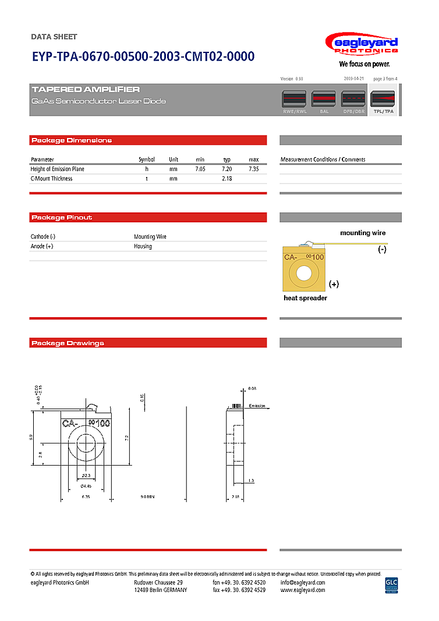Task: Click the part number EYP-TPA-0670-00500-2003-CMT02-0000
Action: pos(143,56)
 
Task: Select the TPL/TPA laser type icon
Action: pos(383,100)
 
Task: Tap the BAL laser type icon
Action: pos(324,100)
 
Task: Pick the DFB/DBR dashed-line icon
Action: pos(353,100)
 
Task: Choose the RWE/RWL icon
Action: pos(295,100)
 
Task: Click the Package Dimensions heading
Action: pos(72,140)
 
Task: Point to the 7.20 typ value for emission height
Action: pos(227,169)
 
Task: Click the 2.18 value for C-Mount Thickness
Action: pos(227,179)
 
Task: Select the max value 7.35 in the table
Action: pos(253,169)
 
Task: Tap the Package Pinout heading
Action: pos(62,218)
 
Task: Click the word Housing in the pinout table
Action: pos(143,246)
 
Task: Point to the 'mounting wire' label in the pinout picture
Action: pos(363,233)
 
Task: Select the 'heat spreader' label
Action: pos(305,298)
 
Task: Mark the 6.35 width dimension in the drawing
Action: pos(86,496)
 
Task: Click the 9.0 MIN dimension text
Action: pos(147,496)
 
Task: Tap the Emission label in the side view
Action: pos(257,406)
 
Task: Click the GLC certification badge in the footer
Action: pos(391,584)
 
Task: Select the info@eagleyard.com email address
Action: pos(303,582)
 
